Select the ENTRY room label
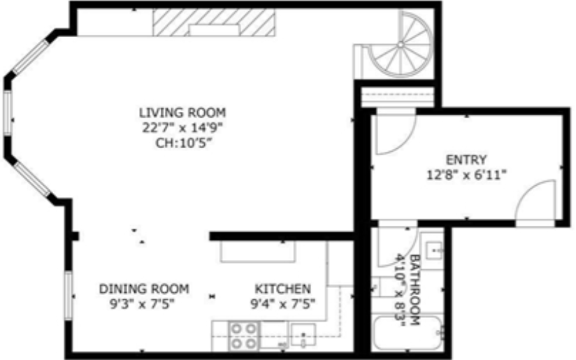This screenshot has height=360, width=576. coord(466,159)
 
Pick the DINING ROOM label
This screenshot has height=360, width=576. coord(143,288)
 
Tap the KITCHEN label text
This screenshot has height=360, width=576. coord(282,288)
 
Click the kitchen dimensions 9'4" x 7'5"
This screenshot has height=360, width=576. coord(282,303)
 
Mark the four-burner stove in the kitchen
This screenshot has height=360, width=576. coord(244,336)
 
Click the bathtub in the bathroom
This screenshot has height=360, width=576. coord(406,333)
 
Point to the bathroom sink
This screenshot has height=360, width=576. coord(432,247)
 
